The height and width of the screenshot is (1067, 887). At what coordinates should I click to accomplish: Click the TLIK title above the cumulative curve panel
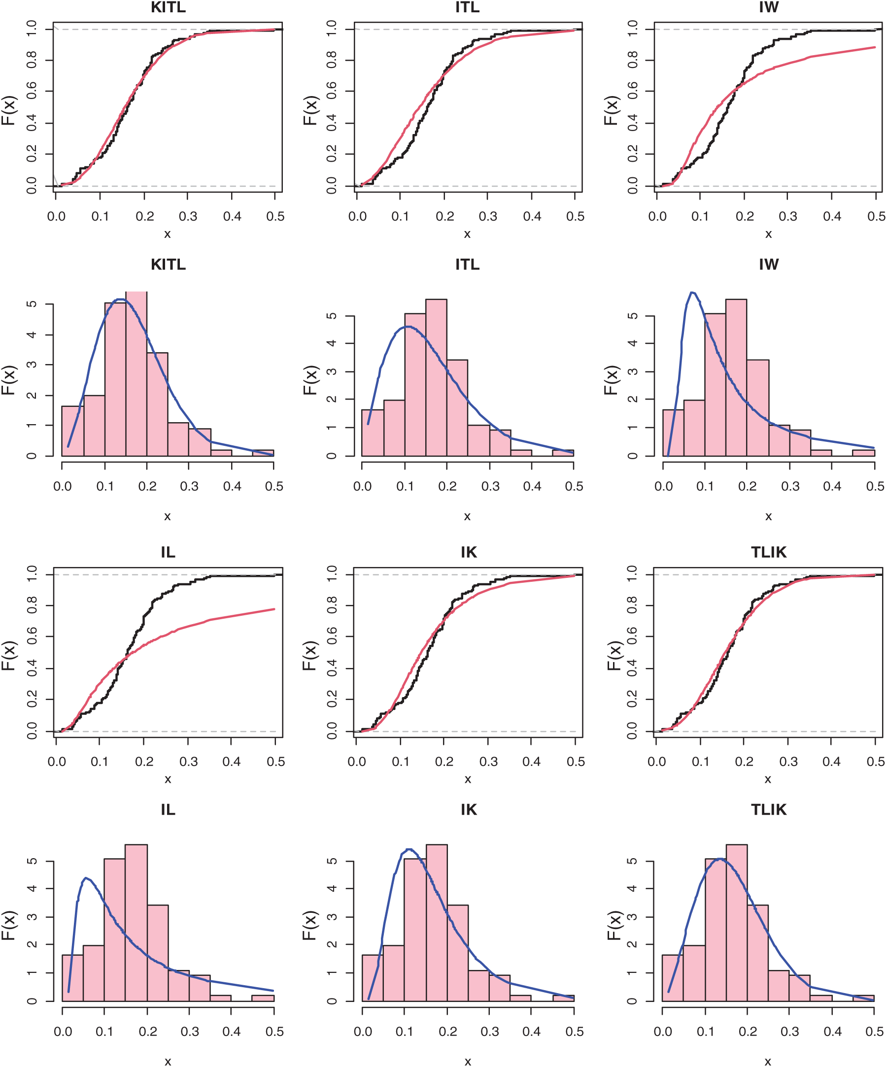point(768,552)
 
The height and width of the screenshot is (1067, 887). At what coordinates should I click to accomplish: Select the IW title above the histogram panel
point(768,264)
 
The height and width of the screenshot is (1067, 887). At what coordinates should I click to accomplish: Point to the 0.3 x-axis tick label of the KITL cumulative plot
point(188,216)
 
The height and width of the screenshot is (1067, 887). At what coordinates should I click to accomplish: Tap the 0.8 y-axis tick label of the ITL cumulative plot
point(332,61)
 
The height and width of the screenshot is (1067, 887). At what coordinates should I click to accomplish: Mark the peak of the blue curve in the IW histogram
point(692,292)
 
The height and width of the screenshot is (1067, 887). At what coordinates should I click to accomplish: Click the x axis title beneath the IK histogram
point(468,1061)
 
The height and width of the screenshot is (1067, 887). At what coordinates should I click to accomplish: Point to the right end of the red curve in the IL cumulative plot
point(274,609)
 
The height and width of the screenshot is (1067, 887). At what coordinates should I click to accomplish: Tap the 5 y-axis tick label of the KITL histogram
point(32,304)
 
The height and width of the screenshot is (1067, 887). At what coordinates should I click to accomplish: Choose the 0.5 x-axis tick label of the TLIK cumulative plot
point(875,762)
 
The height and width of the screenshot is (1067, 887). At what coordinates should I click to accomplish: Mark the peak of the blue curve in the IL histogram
point(86,878)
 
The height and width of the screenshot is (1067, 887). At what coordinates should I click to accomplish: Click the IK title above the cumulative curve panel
point(468,552)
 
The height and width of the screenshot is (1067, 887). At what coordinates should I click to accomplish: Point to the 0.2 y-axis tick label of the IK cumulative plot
point(332,700)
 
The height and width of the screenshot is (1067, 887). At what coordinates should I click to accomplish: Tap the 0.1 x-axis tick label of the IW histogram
point(705,486)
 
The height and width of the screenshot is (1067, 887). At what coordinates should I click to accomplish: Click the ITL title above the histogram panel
point(467,264)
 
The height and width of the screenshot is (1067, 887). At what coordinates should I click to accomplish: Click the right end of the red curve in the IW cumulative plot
point(875,47)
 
